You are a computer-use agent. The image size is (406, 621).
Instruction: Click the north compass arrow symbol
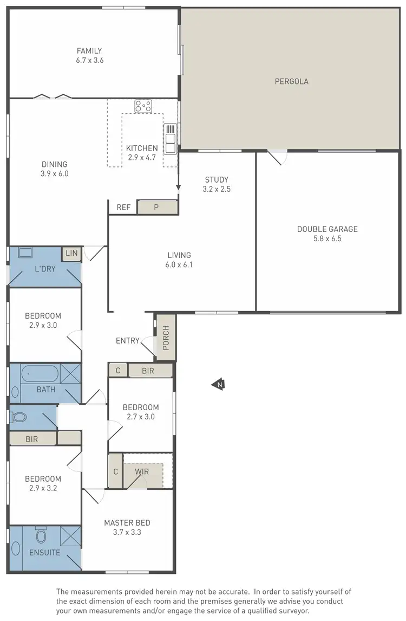(x=218, y=385)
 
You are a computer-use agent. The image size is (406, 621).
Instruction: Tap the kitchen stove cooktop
(x=143, y=106)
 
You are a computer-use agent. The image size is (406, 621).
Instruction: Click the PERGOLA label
(x=291, y=82)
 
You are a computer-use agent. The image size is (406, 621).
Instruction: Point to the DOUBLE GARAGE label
(x=327, y=229)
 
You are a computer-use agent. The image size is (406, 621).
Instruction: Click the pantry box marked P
(x=157, y=207)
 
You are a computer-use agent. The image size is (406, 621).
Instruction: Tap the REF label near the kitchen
(x=123, y=207)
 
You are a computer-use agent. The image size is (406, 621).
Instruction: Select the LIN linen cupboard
(x=71, y=254)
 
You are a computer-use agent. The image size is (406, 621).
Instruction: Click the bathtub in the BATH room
(x=39, y=374)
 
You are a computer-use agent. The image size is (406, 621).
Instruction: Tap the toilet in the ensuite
(x=41, y=536)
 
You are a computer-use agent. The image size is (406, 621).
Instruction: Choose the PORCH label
(x=166, y=337)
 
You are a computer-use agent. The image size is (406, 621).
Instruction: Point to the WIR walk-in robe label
(x=142, y=472)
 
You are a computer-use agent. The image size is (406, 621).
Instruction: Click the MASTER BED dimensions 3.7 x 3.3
(x=127, y=532)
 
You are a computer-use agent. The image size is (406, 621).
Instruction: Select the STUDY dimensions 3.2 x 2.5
(x=216, y=189)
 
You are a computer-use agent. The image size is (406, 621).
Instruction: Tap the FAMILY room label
(x=89, y=51)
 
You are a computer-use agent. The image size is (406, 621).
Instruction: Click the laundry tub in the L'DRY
(x=25, y=253)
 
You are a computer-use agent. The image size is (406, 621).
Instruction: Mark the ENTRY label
(x=128, y=341)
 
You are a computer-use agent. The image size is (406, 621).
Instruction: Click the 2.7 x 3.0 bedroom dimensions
(x=140, y=417)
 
